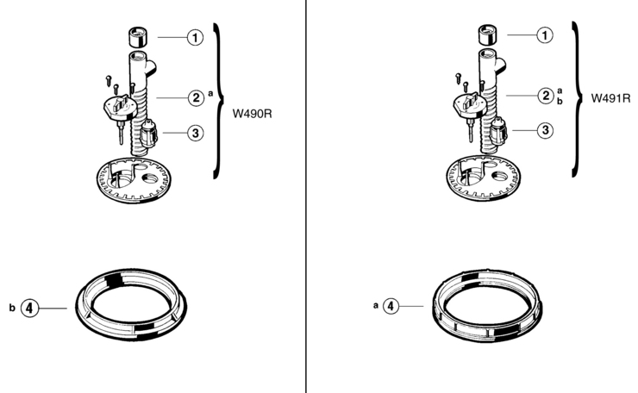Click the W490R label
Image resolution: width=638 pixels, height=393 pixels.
point(252,114)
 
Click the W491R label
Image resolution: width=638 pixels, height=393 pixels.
point(610,98)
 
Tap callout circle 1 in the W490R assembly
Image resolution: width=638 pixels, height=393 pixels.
point(196,37)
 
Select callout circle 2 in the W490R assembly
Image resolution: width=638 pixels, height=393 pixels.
point(196,97)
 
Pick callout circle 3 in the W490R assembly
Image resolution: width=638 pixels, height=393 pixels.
point(196,133)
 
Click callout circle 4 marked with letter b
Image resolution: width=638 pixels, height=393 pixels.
point(29,308)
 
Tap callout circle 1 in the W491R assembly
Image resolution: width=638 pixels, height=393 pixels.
point(545,35)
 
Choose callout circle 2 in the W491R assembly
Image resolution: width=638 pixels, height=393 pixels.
point(546,96)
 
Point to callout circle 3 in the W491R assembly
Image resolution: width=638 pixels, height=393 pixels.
point(545,130)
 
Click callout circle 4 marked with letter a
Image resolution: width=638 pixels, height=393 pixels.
point(391,306)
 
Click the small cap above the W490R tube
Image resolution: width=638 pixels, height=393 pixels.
point(138,37)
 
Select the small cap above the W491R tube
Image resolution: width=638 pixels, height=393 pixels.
point(487,34)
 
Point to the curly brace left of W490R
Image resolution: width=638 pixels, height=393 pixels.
point(219,101)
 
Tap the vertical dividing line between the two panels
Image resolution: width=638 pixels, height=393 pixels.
point(305,196)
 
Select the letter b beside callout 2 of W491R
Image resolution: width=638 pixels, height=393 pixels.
point(560,101)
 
